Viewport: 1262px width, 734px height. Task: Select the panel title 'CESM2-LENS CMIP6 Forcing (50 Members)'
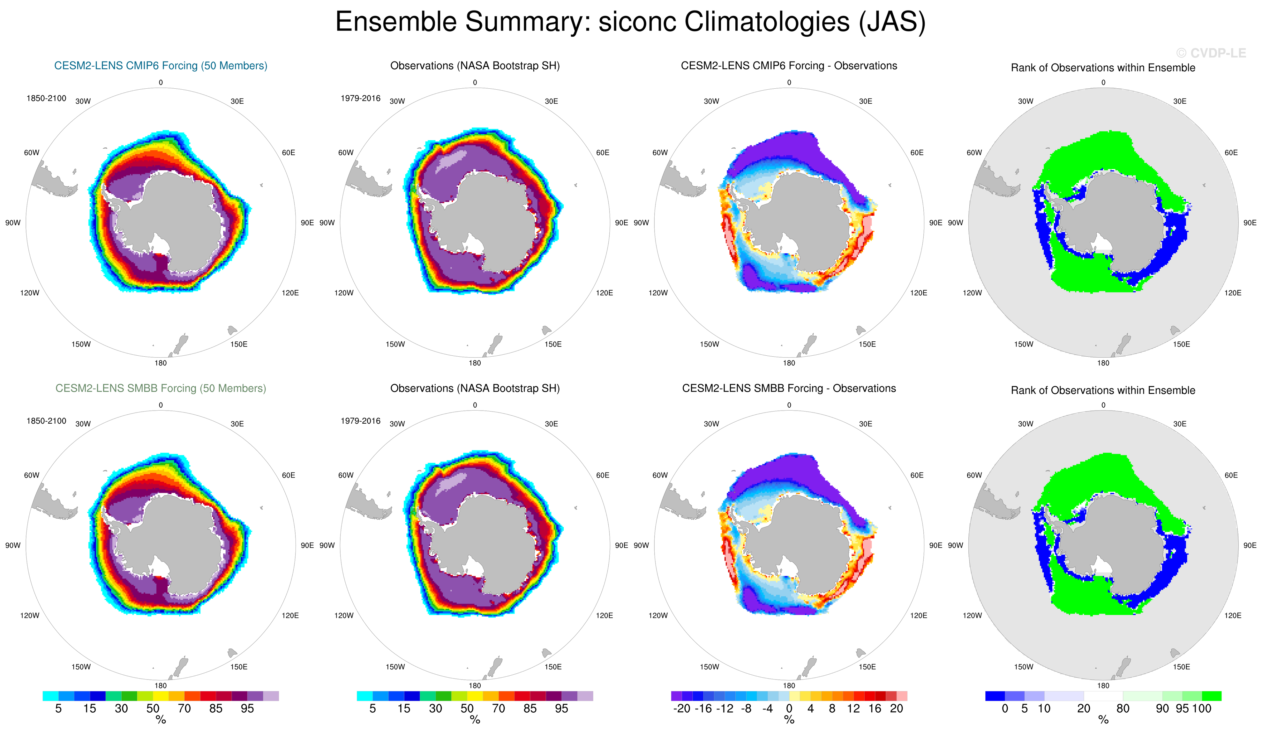(x=161, y=66)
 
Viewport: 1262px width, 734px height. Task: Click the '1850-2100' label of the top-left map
(x=46, y=98)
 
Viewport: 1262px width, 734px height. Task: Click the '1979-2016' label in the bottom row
(x=361, y=421)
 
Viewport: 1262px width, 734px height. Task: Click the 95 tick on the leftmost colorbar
(x=247, y=708)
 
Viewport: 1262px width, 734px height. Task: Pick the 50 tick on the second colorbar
(x=467, y=708)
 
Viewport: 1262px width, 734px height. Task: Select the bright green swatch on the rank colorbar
(x=1212, y=696)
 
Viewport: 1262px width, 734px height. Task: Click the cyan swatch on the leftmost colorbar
(x=50, y=696)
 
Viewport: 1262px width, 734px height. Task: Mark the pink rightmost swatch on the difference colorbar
(x=901, y=696)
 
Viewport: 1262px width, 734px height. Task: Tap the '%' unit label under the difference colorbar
(x=789, y=720)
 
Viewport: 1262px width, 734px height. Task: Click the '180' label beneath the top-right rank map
(x=1103, y=363)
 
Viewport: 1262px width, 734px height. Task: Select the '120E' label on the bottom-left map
(x=290, y=615)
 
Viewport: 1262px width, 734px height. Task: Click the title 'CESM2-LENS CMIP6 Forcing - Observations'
(x=789, y=66)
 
